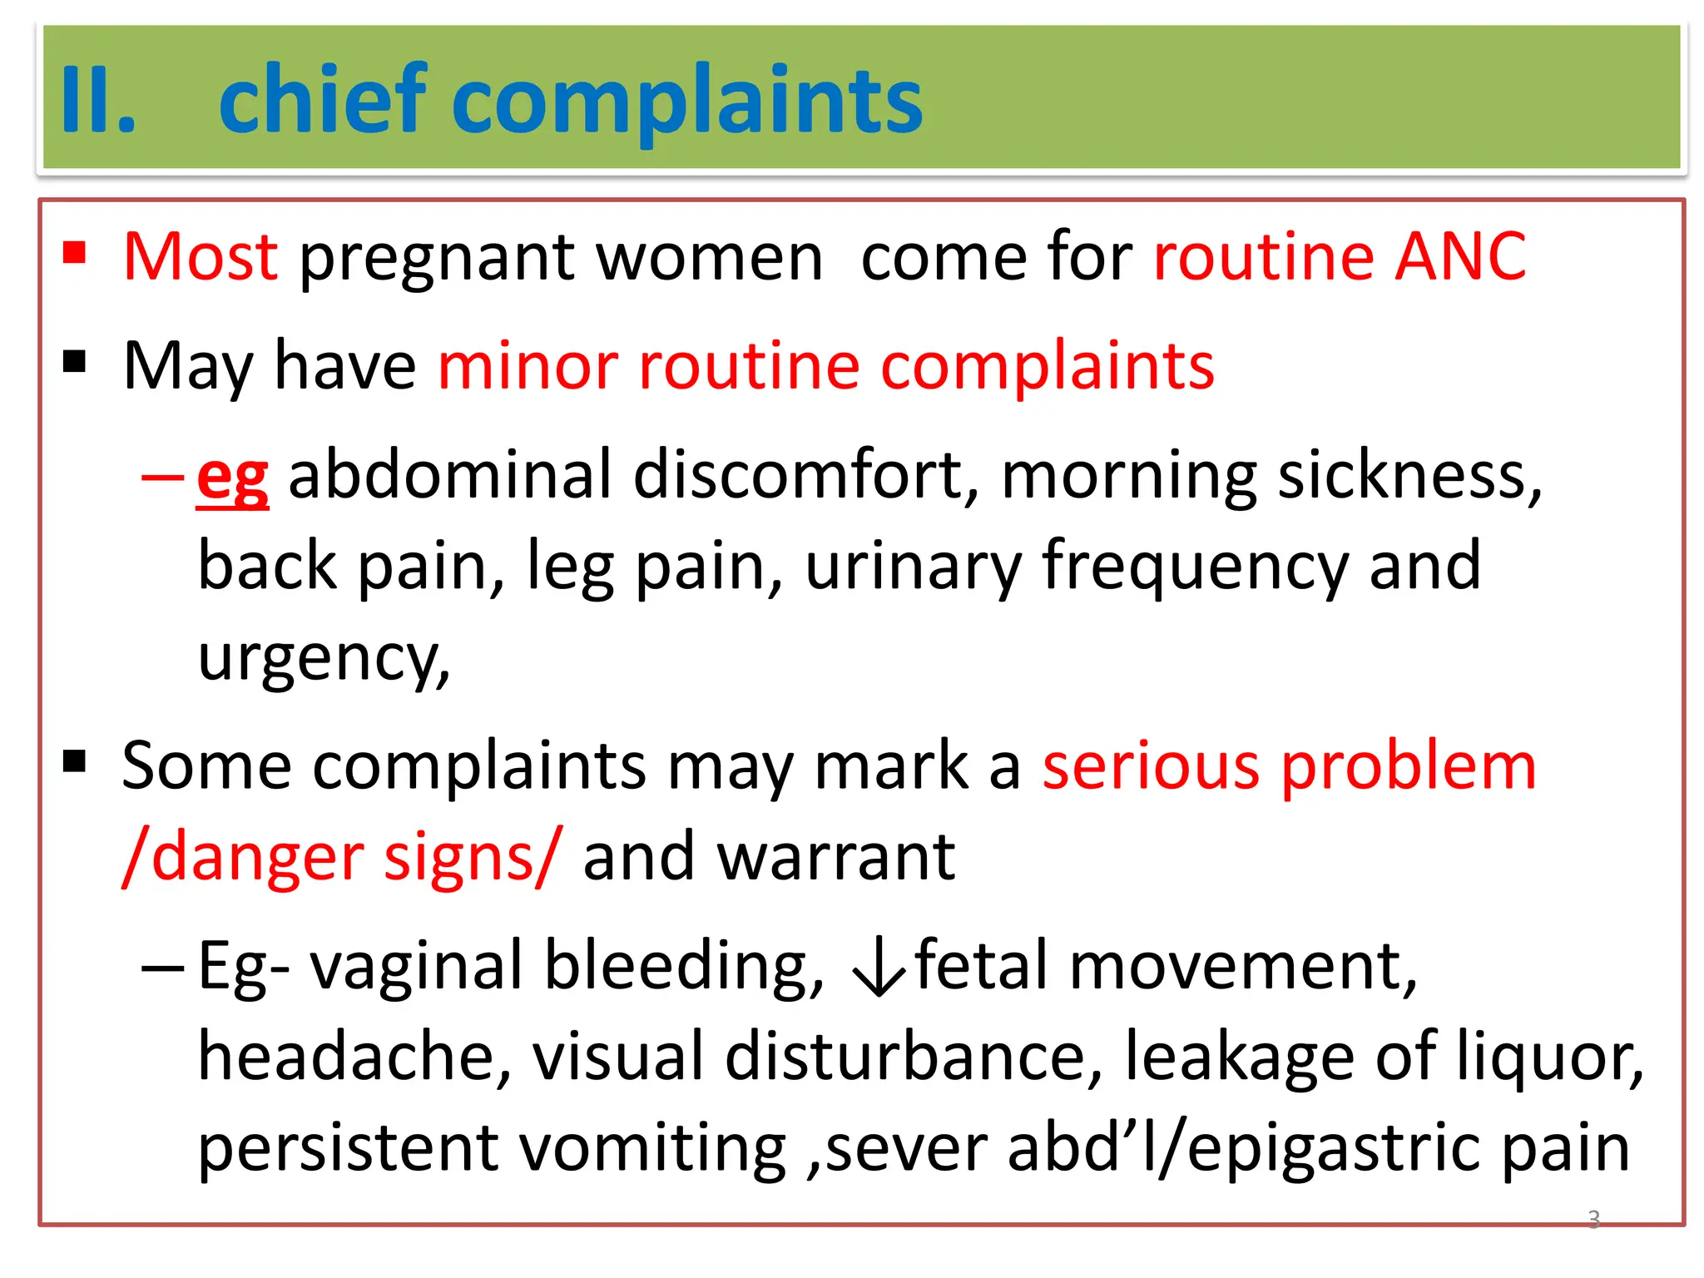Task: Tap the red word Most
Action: click(200, 257)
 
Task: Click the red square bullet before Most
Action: click(75, 252)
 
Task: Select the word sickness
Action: click(1409, 476)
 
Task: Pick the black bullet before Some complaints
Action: click(75, 760)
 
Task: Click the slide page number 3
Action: click(1593, 1219)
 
